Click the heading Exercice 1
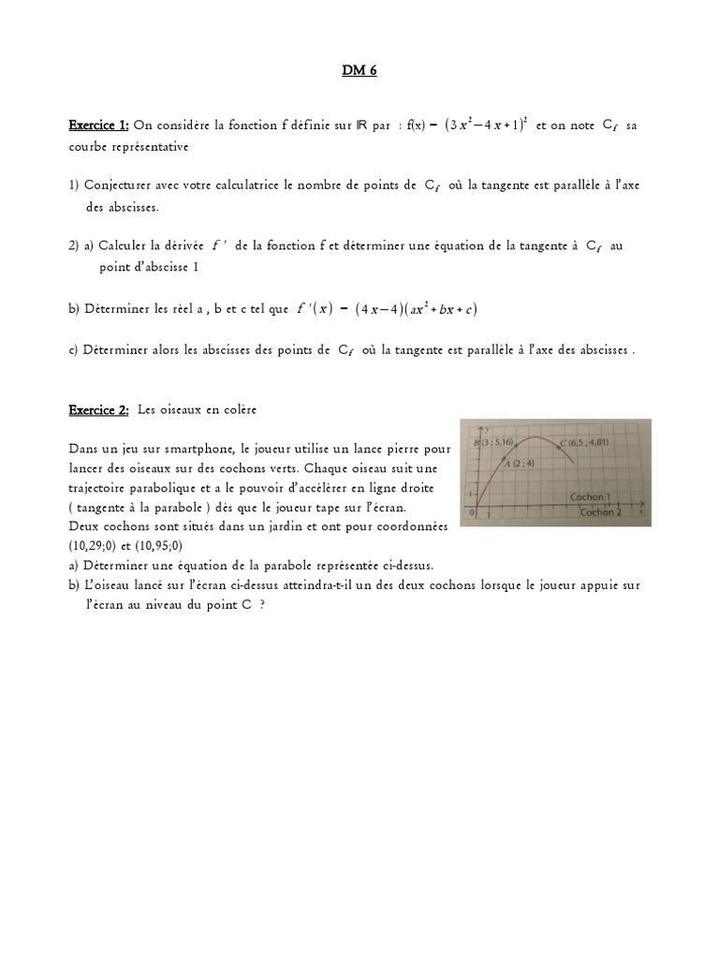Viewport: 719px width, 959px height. (x=98, y=125)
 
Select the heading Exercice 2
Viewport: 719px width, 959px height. (x=98, y=410)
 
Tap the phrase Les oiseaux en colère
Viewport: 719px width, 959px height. (x=197, y=410)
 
